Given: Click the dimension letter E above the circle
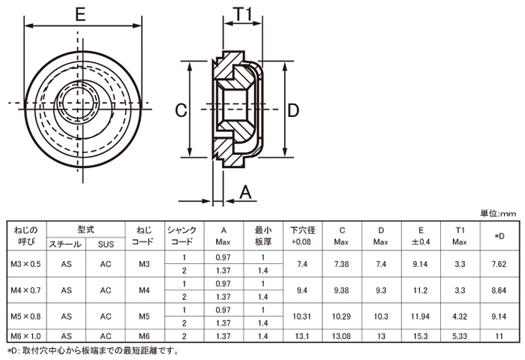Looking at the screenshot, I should click(80, 13).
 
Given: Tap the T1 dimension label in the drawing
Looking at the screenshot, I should click(241, 13).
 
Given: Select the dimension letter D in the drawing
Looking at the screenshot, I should click(293, 110).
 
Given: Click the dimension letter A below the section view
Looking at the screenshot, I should click(244, 193).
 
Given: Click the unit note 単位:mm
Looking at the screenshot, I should click(498, 214).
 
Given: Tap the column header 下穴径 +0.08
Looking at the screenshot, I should click(302, 235).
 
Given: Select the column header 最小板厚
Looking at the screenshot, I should click(262, 235).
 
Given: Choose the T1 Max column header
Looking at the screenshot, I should click(460, 235).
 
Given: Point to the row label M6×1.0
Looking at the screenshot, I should click(26, 336).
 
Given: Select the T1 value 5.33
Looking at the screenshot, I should click(460, 336).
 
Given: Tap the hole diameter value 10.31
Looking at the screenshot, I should click(302, 316).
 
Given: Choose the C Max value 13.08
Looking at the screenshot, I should click(341, 336).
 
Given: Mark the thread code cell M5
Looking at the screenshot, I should click(144, 316).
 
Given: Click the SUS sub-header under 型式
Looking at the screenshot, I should click(105, 243).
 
